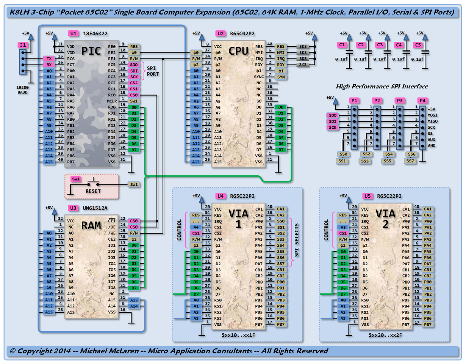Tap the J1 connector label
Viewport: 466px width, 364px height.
[x=23, y=45]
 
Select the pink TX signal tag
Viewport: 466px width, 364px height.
[x=49, y=58]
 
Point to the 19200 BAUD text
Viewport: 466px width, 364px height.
[x=23, y=90]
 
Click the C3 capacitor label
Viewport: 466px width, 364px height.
[x=380, y=45]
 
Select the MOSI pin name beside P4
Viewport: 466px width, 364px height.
[x=432, y=115]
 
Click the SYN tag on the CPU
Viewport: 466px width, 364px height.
[x=281, y=77]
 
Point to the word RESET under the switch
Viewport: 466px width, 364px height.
[x=93, y=191]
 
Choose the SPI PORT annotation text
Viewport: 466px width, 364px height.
[x=153, y=71]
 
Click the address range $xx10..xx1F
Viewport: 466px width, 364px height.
[x=239, y=336]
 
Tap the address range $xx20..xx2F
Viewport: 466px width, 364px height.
[x=386, y=336]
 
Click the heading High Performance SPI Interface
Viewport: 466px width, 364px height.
[x=382, y=87]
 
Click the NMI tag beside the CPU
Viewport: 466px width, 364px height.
[x=281, y=52]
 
